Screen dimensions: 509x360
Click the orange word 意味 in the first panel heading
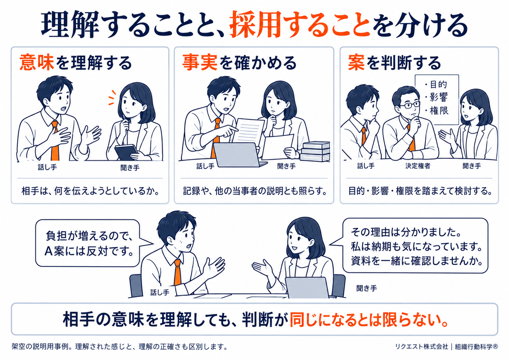click(x=37, y=62)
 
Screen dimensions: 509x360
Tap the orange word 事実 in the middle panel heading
click(x=200, y=62)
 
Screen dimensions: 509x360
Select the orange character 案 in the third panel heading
click(x=356, y=62)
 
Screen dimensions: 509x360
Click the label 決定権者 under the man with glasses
click(x=418, y=166)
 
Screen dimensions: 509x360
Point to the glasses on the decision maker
click(x=410, y=105)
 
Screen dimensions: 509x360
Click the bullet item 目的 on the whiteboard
click(x=436, y=85)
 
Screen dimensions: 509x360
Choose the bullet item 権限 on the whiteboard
click(x=437, y=111)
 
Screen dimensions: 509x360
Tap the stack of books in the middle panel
click(x=315, y=151)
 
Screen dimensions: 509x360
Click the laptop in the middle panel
click(x=239, y=155)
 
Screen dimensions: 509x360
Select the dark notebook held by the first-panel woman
click(x=126, y=152)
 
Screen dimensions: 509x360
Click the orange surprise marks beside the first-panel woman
click(x=112, y=98)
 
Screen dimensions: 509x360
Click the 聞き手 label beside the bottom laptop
click(x=367, y=288)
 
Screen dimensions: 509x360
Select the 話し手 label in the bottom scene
click(x=160, y=292)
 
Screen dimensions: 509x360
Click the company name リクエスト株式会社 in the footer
click(x=422, y=346)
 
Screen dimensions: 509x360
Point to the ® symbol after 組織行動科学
click(x=495, y=346)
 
